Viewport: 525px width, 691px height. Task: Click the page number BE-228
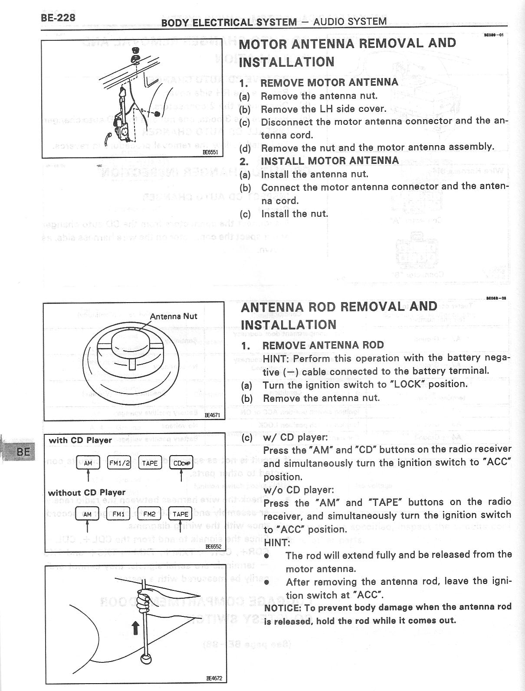[58, 17]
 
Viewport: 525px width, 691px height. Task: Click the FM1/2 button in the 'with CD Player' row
[119, 463]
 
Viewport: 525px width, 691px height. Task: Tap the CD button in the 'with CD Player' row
[181, 463]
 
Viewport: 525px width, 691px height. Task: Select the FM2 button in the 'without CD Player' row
[149, 514]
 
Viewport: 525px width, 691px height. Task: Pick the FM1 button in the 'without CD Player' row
[118, 514]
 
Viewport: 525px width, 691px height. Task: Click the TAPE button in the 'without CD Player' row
[180, 514]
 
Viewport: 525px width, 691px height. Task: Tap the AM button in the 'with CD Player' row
[88, 463]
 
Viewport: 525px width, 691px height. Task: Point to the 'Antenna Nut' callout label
[173, 316]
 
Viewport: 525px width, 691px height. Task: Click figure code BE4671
[213, 415]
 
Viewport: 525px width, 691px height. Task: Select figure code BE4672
[214, 678]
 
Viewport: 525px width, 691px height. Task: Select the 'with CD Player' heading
[80, 440]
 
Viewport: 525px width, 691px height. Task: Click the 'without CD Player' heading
[86, 492]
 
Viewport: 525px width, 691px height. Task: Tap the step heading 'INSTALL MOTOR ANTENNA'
[330, 160]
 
